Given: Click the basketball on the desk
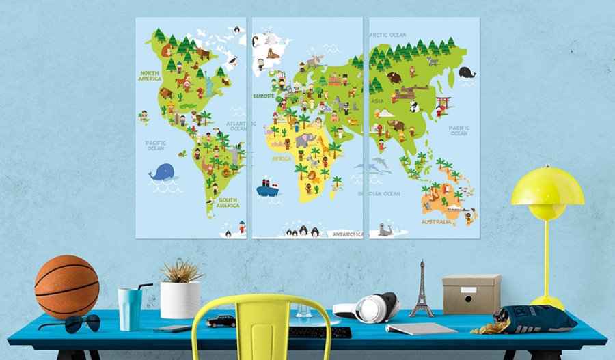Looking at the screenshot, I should pos(66,287).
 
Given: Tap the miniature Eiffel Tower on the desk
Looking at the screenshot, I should pos(421,290).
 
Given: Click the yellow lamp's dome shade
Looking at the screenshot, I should pos(547,188).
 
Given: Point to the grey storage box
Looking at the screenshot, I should pos(471,294).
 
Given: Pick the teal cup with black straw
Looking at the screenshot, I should pos(128,308).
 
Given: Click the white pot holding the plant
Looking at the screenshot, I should pos(180,299).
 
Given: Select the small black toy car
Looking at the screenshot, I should pos(220,320).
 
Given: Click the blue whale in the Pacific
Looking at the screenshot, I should pos(162,173).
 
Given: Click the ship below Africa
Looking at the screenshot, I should pos(268,189).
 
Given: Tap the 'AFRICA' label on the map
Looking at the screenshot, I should pos(282,158).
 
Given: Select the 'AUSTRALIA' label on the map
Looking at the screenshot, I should pos(436,221).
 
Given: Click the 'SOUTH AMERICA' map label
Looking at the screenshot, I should pos(228,203).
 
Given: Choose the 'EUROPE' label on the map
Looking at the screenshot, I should pos(264,96).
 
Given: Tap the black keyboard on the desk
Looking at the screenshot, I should pos(320,332).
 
